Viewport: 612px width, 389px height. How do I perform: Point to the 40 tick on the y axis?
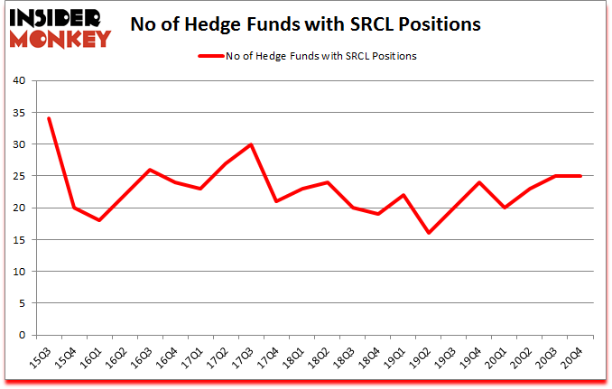click(19, 81)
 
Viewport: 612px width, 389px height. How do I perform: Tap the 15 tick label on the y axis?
click(19, 240)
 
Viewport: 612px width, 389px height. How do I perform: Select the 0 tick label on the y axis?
click(22, 335)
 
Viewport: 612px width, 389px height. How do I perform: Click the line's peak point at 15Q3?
click(49, 118)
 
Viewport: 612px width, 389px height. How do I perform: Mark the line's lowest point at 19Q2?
click(429, 233)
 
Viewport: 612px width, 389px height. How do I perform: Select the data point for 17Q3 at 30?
click(251, 144)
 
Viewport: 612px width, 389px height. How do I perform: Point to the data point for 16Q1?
click(99, 220)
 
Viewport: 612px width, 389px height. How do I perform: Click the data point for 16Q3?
click(150, 170)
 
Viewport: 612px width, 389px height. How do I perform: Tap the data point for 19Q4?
click(479, 182)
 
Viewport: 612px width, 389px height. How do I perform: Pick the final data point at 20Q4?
click(580, 176)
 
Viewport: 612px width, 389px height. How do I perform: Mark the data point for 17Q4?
click(276, 201)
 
